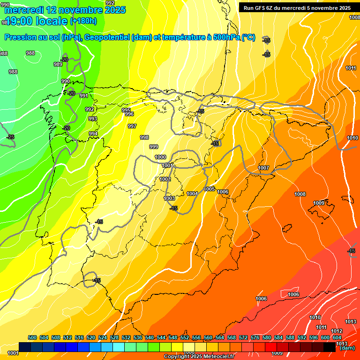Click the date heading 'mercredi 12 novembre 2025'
pyautogui.click(x=65, y=10)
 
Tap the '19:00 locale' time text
pyautogui.click(x=36, y=21)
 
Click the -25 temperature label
pyautogui.click(x=10, y=137)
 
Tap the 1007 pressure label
pyautogui.click(x=263, y=168)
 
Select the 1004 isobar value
pyautogui.click(x=192, y=194)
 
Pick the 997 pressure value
pyautogui.click(x=132, y=126)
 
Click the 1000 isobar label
pyautogui.click(x=160, y=157)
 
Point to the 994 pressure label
pyautogui.click(x=93, y=134)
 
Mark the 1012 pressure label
pyautogui.click(x=337, y=331)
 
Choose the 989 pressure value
pyautogui.click(x=58, y=64)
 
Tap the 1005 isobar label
pyautogui.click(x=210, y=189)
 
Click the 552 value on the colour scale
pyautogui.click(x=185, y=337)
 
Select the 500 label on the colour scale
pyautogui.click(x=32, y=337)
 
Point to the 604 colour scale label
pyautogui.click(x=337, y=337)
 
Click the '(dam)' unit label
pyautogui.click(x=347, y=348)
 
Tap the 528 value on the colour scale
pyautogui.click(x=114, y=337)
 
